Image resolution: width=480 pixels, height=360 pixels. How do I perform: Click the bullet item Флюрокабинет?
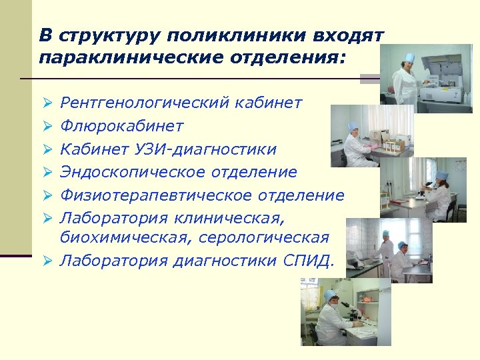[122, 126]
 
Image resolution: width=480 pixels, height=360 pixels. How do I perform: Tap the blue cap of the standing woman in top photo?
[407, 58]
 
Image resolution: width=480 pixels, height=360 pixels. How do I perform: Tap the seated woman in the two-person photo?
[401, 260]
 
